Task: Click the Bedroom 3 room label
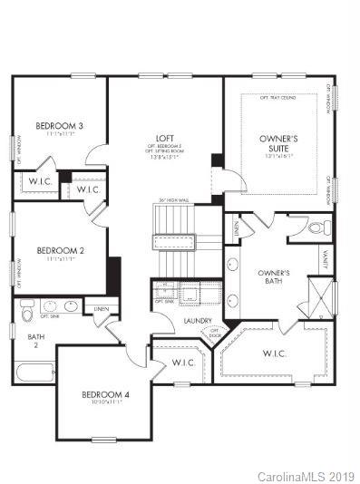coord(60,125)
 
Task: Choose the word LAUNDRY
coord(197,321)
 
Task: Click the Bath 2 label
coord(35,341)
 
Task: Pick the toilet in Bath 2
coord(27,310)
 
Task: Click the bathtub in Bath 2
coord(34,373)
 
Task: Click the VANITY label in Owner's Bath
coord(326,259)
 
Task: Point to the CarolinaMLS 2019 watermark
coord(306,476)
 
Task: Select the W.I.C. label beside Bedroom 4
coord(183,363)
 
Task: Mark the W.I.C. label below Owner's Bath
coord(275,353)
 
